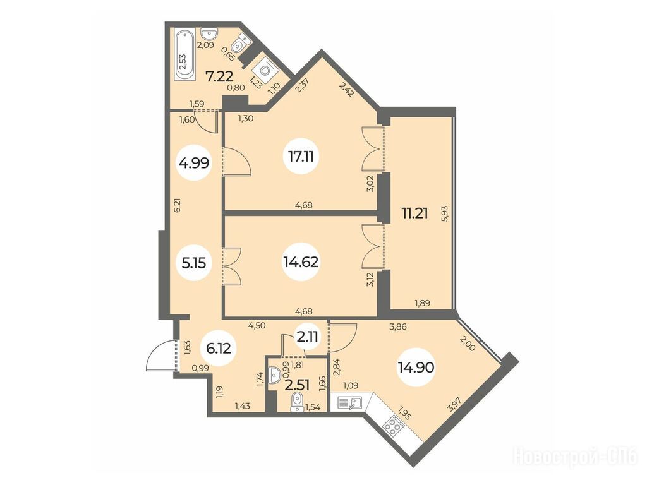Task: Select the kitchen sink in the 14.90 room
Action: point(350,402)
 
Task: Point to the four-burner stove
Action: point(393,427)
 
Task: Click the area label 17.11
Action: point(301,157)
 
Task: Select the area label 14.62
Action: point(301,261)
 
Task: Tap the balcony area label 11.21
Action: point(414,213)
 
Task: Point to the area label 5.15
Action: point(194,262)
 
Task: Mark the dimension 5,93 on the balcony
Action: point(444,213)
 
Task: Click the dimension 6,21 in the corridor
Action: point(178,205)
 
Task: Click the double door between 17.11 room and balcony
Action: point(373,149)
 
